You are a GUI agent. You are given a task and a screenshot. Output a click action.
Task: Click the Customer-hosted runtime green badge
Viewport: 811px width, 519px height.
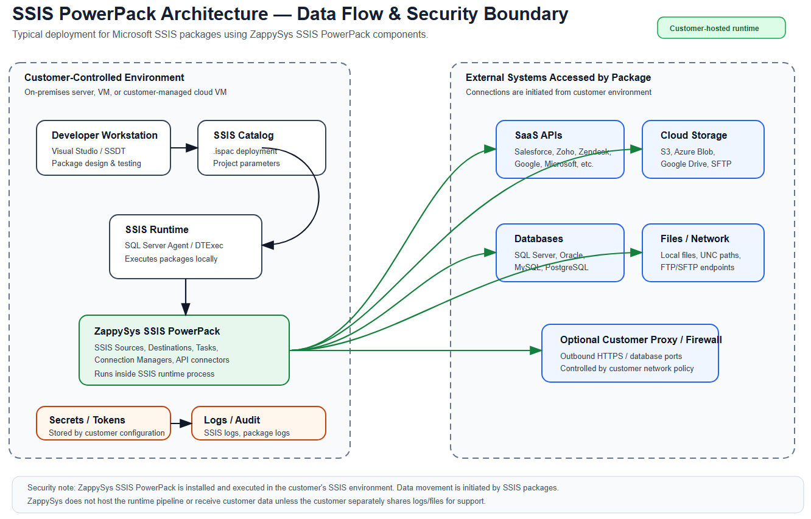pos(721,28)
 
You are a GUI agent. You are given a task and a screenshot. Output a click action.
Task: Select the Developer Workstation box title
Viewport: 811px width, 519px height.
pos(104,135)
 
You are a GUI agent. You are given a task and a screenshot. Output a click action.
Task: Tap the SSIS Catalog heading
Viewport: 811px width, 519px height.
pos(243,135)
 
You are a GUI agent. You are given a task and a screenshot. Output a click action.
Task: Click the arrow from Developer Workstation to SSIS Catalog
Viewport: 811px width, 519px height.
pos(184,147)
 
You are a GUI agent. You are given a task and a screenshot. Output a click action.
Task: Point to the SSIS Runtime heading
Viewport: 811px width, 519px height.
pos(156,229)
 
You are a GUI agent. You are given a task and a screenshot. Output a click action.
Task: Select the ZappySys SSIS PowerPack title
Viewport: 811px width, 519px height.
pos(156,331)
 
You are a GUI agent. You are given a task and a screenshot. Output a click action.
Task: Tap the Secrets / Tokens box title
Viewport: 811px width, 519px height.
pos(87,420)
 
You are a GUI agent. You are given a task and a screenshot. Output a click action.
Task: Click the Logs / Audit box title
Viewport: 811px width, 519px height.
pos(231,420)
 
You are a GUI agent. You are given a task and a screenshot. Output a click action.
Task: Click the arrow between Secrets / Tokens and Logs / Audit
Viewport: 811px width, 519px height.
pos(181,423)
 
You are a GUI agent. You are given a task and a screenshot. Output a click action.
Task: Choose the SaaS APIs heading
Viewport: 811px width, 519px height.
pos(538,135)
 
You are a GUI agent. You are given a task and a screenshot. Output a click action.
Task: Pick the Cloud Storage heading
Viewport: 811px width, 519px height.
pos(693,135)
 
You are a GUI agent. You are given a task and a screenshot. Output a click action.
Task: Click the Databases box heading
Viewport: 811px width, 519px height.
pos(538,239)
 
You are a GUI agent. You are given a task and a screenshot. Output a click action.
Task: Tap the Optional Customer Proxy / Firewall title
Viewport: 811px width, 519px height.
pos(641,340)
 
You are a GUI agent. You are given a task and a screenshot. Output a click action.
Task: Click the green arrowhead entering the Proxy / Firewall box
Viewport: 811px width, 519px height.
pos(536,350)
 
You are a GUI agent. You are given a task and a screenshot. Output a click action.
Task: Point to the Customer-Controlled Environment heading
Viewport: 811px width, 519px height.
pos(104,77)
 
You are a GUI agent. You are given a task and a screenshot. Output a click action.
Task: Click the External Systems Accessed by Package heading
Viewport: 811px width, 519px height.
pos(558,77)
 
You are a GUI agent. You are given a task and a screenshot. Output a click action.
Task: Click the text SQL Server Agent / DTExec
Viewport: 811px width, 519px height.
pos(174,245)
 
